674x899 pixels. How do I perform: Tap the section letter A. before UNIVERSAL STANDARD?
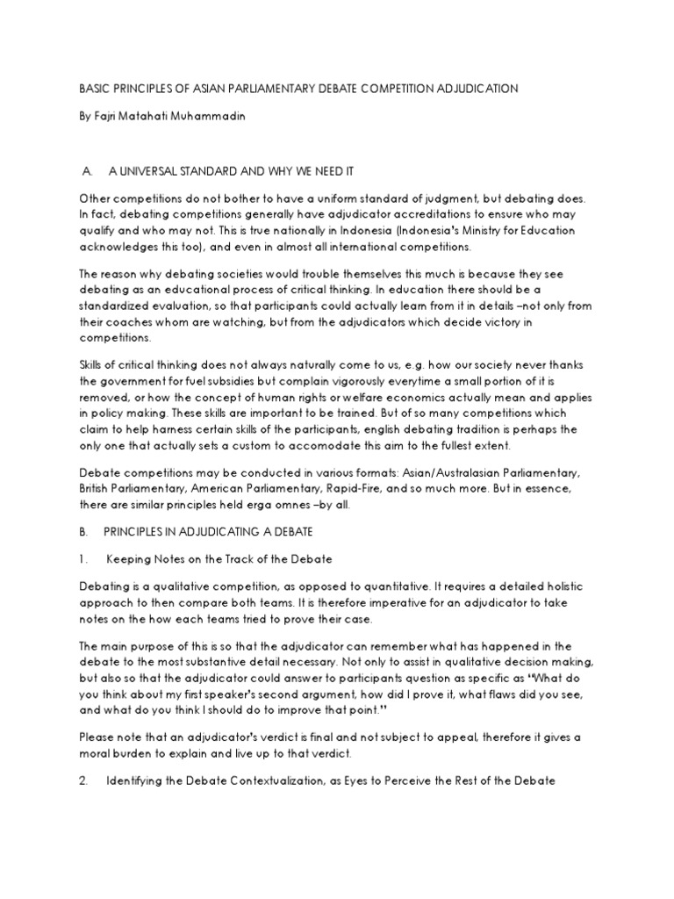click(86, 170)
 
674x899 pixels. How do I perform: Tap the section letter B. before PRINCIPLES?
click(83, 531)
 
